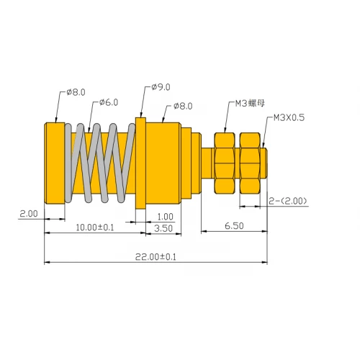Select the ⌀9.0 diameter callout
click(x=160, y=87)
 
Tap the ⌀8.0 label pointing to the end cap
click(x=75, y=92)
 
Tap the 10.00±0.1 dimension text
click(x=94, y=228)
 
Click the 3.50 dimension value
click(x=163, y=228)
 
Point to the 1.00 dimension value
click(x=165, y=215)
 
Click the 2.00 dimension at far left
click(x=28, y=214)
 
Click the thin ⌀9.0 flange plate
click(x=141, y=161)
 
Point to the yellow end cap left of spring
click(x=54, y=161)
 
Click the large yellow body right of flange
click(x=163, y=161)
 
